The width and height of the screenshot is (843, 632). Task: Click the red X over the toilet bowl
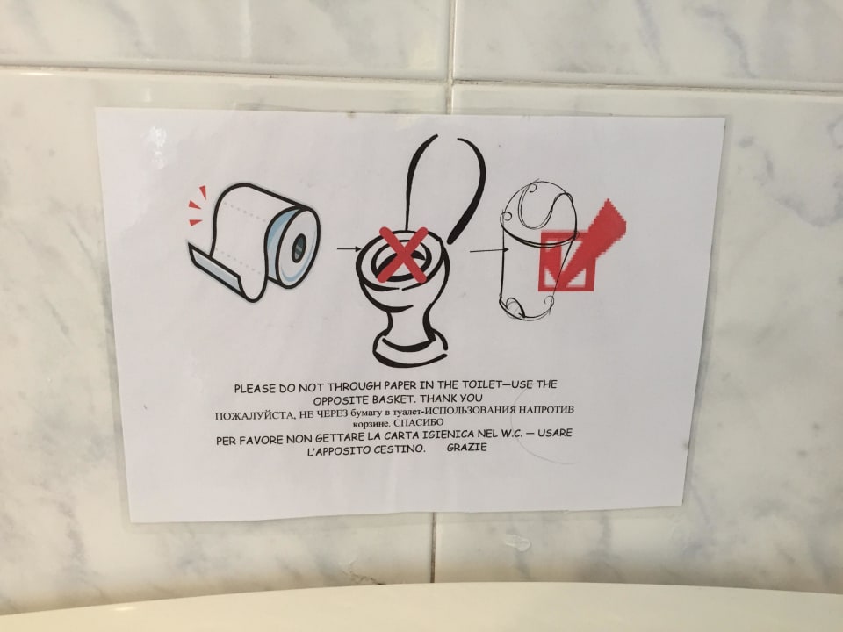pyautogui.click(x=403, y=255)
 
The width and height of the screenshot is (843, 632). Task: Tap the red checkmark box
pyautogui.click(x=568, y=262)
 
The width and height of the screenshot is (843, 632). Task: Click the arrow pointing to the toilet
pyautogui.click(x=349, y=248)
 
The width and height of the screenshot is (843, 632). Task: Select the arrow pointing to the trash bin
pyautogui.click(x=489, y=250)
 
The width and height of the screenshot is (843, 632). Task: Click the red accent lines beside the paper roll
pyautogui.click(x=197, y=205)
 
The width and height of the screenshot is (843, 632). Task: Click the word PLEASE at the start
pyautogui.click(x=254, y=389)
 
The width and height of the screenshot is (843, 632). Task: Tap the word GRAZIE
pyautogui.click(x=466, y=447)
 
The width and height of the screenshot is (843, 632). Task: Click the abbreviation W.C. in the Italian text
pyautogui.click(x=508, y=434)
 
